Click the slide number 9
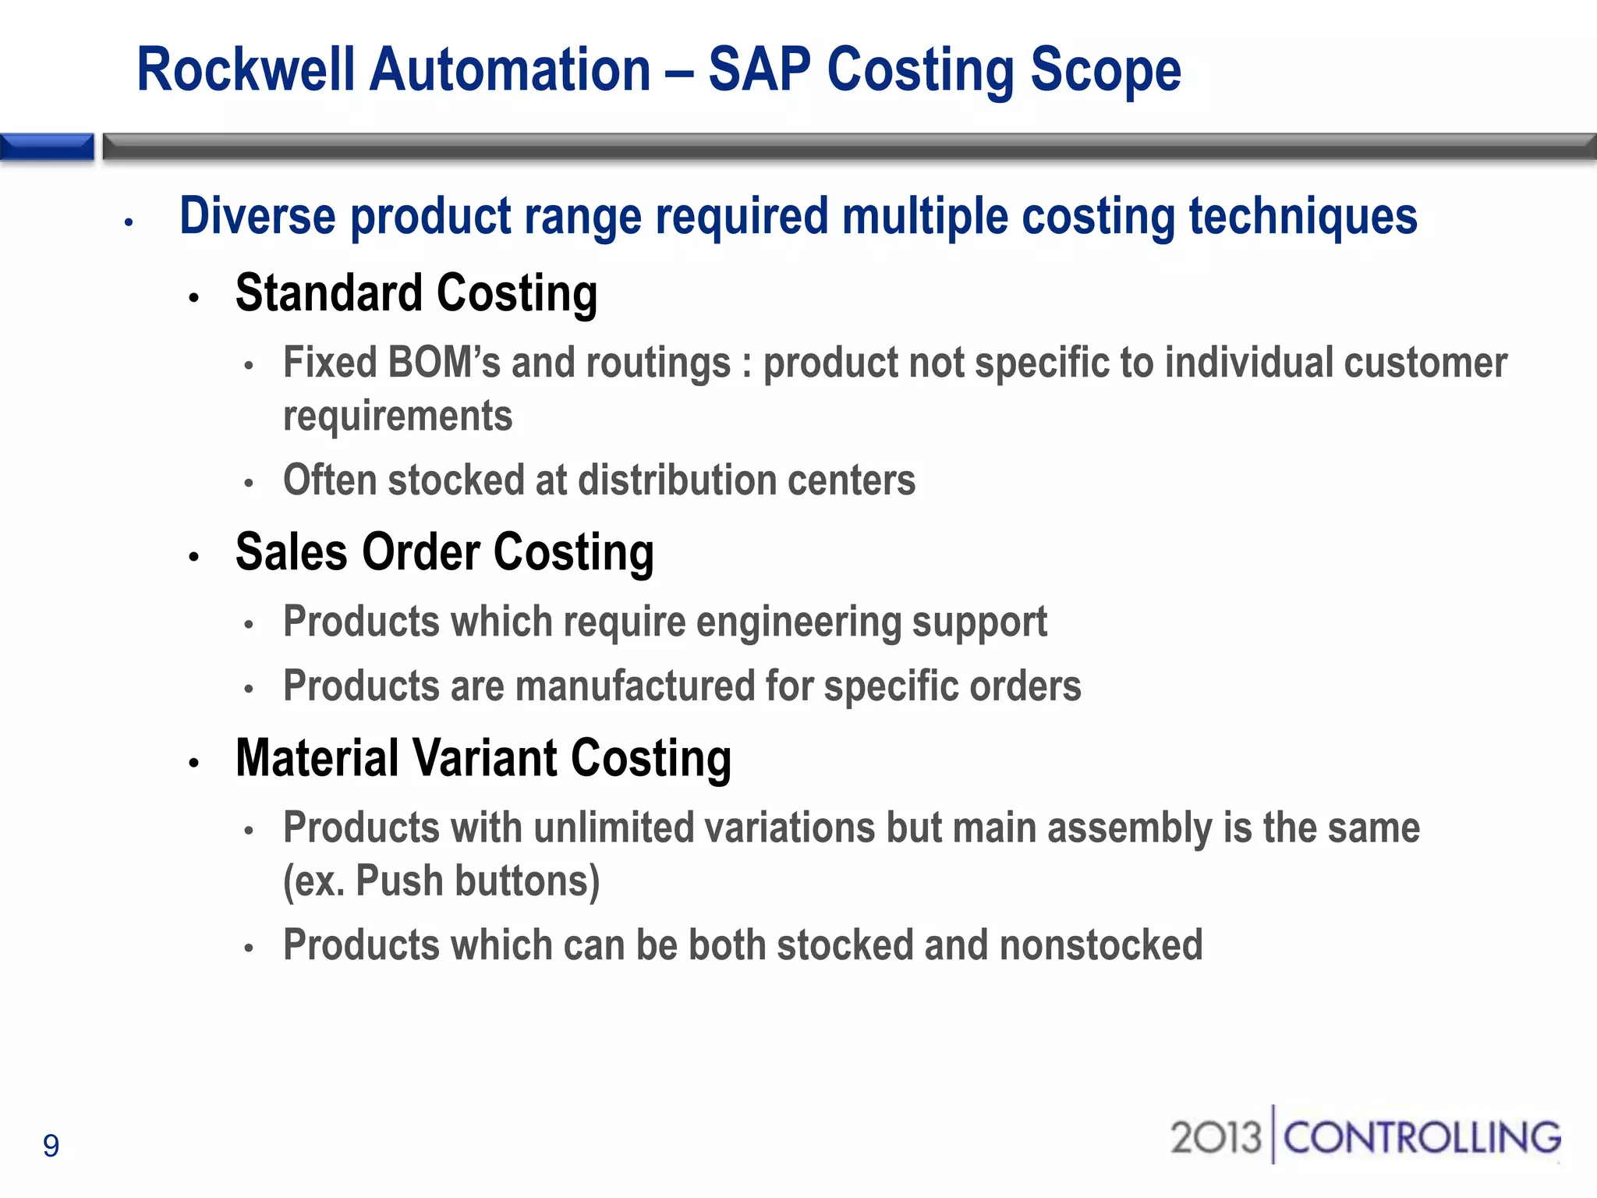coord(51,1146)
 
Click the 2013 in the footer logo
coord(1215,1137)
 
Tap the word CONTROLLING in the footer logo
coord(1422,1137)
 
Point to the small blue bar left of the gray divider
coord(47,147)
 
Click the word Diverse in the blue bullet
coord(257,216)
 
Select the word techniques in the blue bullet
coord(1302,218)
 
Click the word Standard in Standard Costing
coord(328,293)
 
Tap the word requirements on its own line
coord(398,416)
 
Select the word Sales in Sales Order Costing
coord(291,552)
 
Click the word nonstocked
coord(1100,945)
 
